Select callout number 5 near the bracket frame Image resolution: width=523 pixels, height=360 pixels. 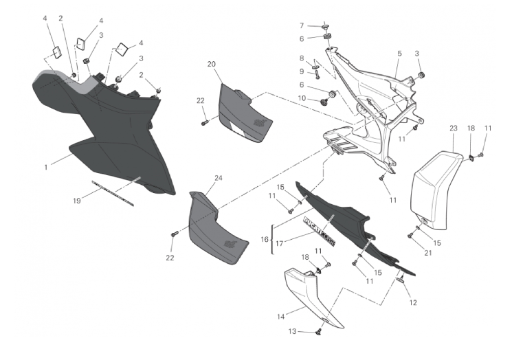pos(399,54)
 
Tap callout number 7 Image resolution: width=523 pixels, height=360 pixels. pos(301,25)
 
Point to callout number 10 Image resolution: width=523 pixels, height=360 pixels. pos(301,98)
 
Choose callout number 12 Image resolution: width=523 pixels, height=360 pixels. pos(413,302)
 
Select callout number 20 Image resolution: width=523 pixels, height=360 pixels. pos(212,64)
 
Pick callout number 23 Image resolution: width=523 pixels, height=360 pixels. pos(453,128)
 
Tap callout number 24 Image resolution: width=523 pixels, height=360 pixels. pos(219,178)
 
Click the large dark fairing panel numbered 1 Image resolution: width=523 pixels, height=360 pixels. pos(117,137)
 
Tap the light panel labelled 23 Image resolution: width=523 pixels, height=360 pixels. pos(434,185)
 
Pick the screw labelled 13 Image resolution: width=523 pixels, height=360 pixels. pos(318,333)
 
